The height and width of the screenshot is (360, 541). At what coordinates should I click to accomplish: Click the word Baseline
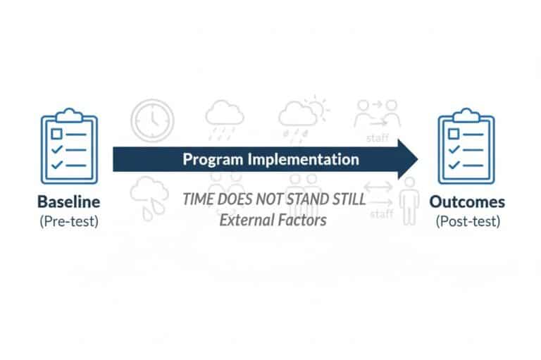tap(68, 201)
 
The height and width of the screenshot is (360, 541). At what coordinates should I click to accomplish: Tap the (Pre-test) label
tap(68, 221)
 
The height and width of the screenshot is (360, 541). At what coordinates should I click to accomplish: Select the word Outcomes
tap(467, 201)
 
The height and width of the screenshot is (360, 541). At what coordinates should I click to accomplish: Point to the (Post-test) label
tap(467, 221)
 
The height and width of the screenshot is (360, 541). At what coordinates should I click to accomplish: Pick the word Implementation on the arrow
tap(303, 159)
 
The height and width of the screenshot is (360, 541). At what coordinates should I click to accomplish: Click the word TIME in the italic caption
tap(199, 199)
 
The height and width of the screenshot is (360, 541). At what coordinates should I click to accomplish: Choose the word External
tap(244, 220)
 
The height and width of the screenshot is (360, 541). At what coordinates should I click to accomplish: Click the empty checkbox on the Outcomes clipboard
tap(455, 134)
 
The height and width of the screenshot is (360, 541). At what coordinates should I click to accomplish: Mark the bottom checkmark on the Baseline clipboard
tap(58, 165)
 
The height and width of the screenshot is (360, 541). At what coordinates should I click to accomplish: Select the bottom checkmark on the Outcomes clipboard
tap(455, 165)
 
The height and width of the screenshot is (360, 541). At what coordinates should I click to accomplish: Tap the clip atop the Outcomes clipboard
tap(466, 113)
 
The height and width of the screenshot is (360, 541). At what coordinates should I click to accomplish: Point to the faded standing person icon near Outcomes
tap(408, 200)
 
